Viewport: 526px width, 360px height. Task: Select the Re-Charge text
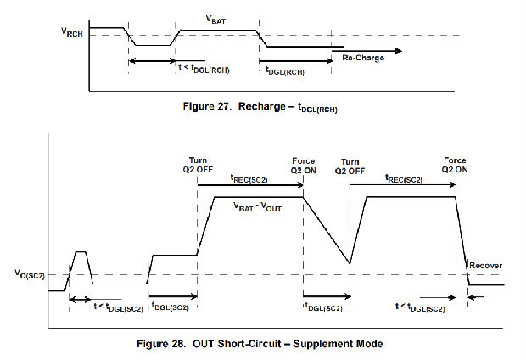[x=362, y=58]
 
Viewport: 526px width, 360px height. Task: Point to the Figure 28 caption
[x=266, y=343]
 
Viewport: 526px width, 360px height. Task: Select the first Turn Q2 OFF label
[x=199, y=166]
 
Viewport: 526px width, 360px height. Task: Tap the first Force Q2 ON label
[x=304, y=166]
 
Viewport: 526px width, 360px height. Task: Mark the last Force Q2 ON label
[x=456, y=166]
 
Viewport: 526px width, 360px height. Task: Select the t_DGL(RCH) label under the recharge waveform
[x=284, y=72]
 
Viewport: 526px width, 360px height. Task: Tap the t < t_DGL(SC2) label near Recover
[x=420, y=307]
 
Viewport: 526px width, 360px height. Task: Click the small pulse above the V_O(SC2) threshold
[x=81, y=253]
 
